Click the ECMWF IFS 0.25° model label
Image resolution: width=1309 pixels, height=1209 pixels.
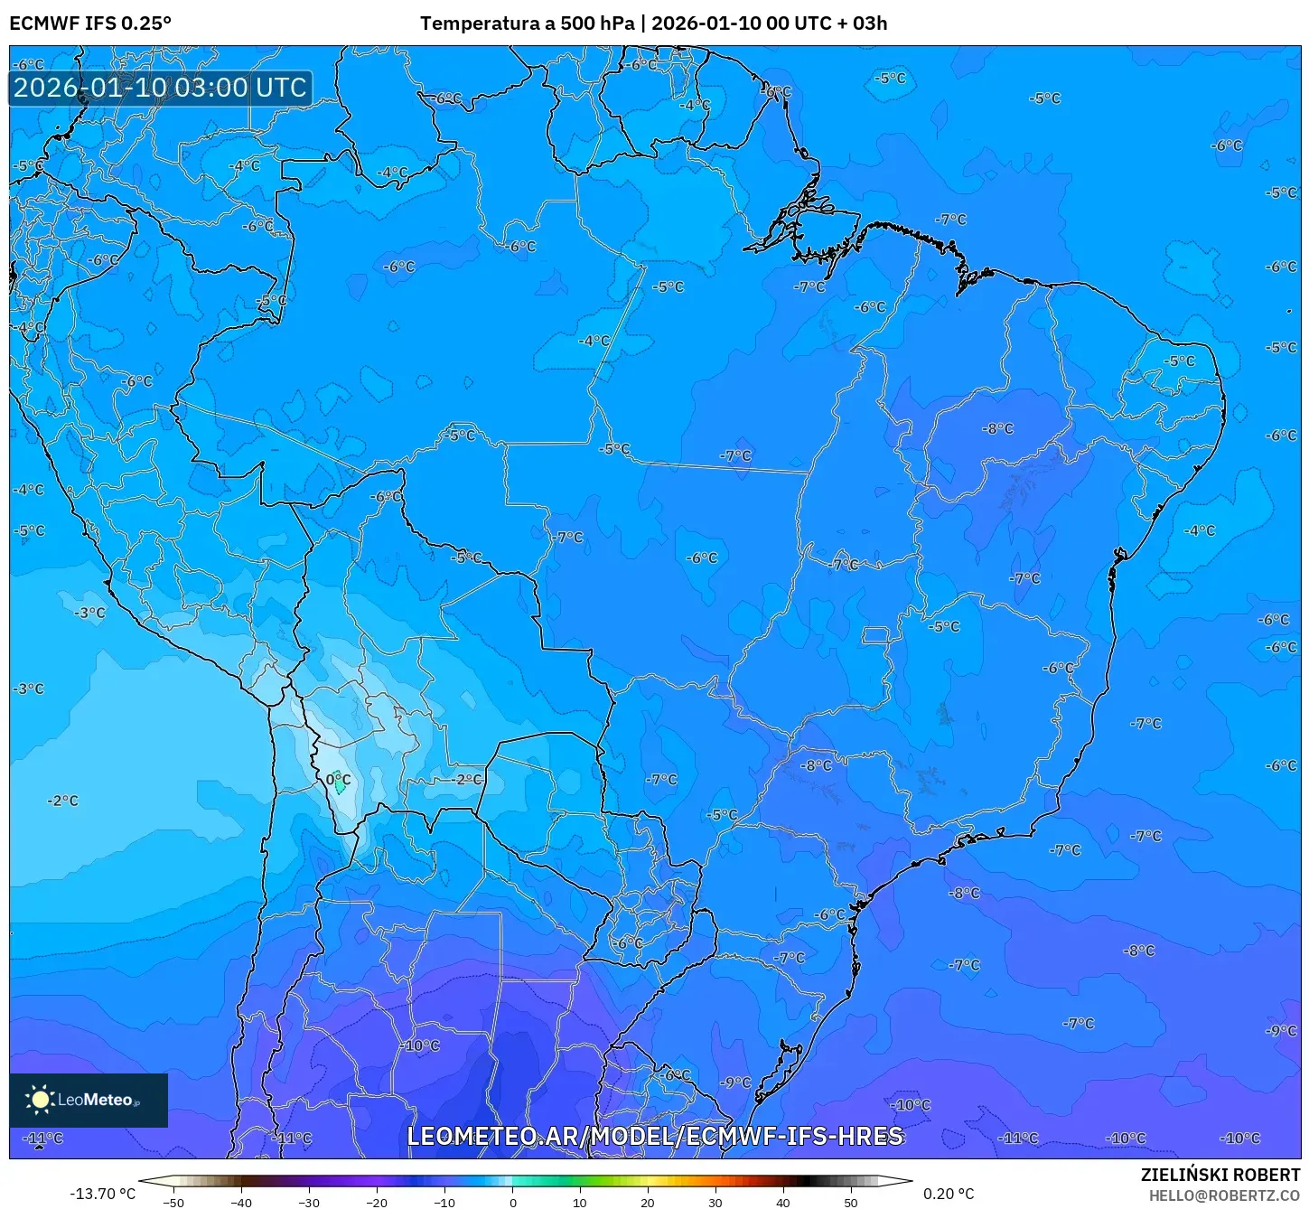click(90, 23)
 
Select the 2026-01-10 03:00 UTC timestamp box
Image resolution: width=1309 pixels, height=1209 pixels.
click(160, 88)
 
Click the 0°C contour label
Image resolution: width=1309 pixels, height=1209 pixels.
click(338, 780)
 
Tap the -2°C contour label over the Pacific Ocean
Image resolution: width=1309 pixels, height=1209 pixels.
click(63, 801)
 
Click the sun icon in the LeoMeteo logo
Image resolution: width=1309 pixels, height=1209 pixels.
click(40, 1100)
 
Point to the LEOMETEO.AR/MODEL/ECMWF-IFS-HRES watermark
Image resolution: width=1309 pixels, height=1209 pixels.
click(654, 1136)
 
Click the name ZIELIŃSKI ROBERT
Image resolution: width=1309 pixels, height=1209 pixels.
click(1220, 1176)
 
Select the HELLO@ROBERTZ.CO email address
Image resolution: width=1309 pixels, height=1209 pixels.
click(1224, 1195)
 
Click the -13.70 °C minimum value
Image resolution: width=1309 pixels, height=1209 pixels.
click(102, 1194)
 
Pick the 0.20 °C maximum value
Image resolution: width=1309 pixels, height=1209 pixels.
click(949, 1194)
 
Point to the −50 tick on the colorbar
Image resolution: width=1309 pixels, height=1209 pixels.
click(173, 1203)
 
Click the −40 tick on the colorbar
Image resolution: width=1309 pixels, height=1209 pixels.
click(241, 1203)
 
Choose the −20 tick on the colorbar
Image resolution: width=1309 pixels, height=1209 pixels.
click(377, 1203)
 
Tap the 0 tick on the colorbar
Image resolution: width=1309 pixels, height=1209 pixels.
click(512, 1203)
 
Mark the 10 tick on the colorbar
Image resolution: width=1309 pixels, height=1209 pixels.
click(580, 1203)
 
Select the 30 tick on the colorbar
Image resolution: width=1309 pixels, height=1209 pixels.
click(715, 1203)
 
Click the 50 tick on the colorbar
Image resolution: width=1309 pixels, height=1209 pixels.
click(851, 1203)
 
